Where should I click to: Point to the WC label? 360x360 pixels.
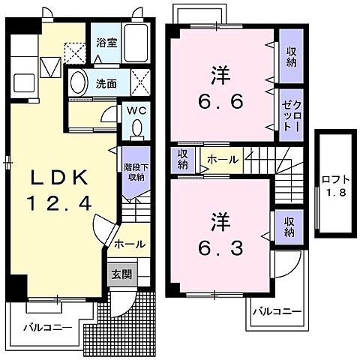click(x=136, y=110)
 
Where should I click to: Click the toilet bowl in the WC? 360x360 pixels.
click(x=136, y=129)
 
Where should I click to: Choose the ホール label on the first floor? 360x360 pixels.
click(x=130, y=244)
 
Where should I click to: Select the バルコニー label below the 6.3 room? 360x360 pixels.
click(x=276, y=310)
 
